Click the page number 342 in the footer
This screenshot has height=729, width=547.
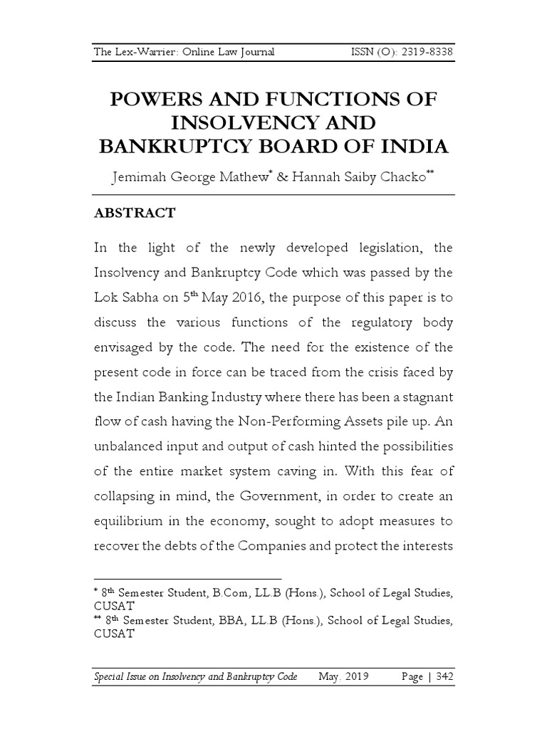click(x=442, y=676)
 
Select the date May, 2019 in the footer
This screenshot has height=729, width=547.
click(x=343, y=676)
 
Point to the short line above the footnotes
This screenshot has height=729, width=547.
click(x=188, y=579)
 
